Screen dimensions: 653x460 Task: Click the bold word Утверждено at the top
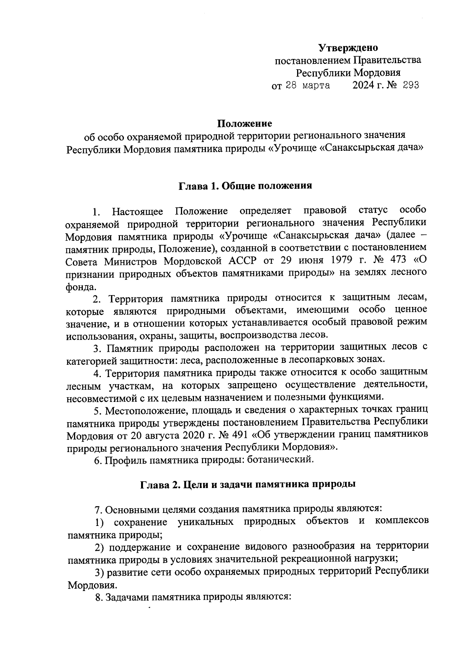click(348, 48)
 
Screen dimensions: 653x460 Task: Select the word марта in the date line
click(316, 85)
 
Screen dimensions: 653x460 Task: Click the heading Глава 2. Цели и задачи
click(246, 484)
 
